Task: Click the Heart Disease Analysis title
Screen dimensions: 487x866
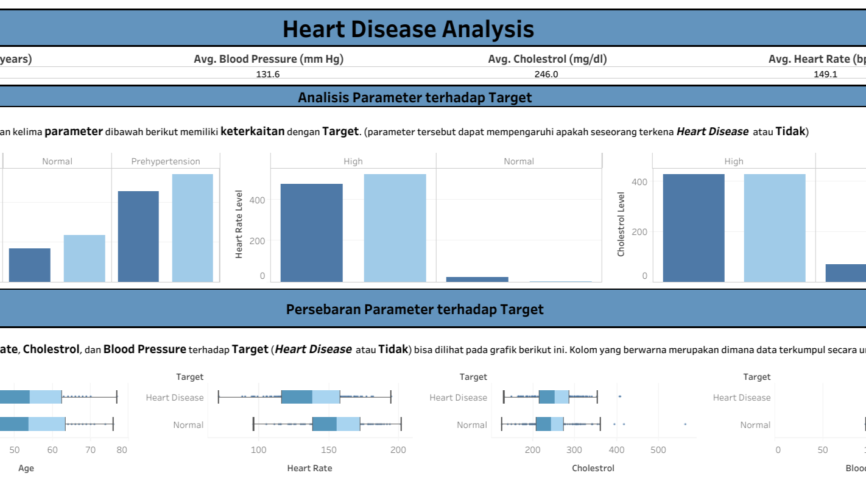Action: [x=408, y=29]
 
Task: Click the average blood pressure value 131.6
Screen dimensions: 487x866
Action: [x=268, y=74]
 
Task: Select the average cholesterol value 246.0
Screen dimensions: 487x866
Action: [x=547, y=74]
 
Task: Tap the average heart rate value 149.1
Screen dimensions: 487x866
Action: [x=825, y=74]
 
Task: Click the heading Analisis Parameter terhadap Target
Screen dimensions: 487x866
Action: [x=414, y=97]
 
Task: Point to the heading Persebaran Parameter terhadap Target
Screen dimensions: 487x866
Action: [x=414, y=309]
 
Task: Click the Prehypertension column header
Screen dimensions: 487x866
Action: [x=166, y=161]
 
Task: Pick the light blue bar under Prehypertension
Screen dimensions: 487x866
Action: [x=192, y=228]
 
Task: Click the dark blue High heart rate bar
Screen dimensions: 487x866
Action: [x=311, y=233]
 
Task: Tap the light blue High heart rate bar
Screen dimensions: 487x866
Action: [x=395, y=228]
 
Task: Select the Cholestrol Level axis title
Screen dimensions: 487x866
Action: [x=621, y=224]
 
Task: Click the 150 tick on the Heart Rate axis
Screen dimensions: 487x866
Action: [x=329, y=450]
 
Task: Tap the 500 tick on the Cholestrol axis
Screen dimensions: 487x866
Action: [x=658, y=450]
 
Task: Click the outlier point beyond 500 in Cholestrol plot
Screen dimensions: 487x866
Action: [x=685, y=424]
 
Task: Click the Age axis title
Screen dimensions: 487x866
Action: [x=26, y=468]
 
